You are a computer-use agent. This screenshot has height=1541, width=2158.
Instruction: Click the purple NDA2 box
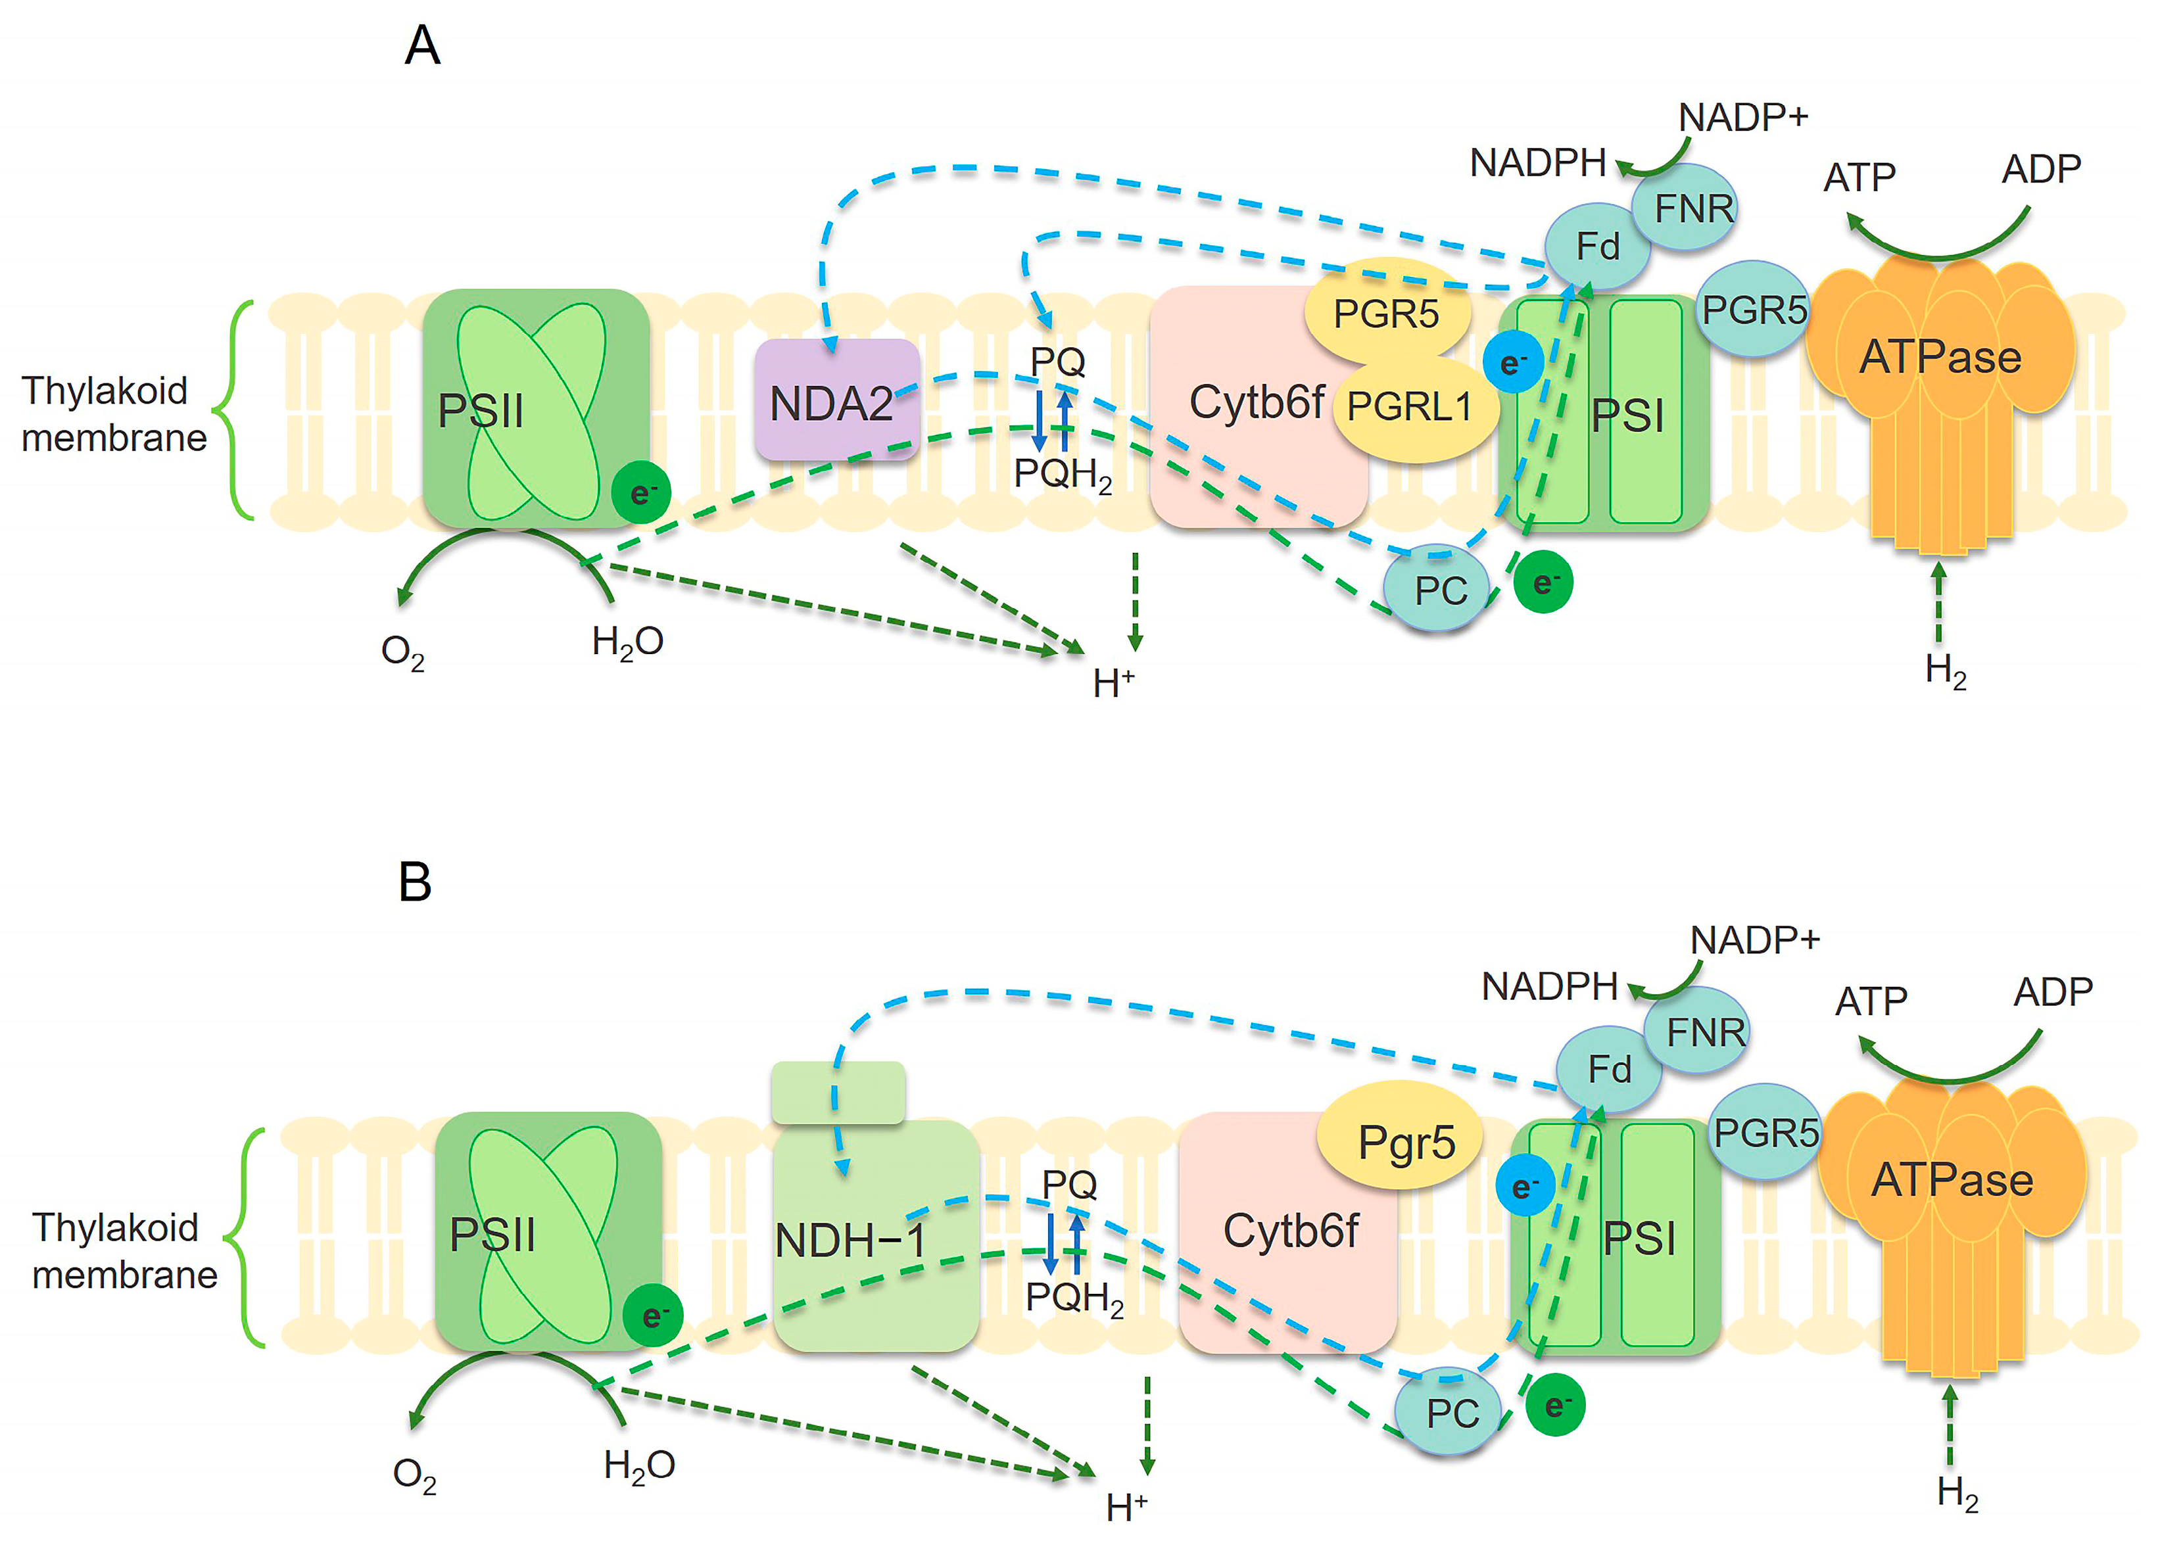tap(837, 400)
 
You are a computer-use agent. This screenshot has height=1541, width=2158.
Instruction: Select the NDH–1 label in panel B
tap(850, 1240)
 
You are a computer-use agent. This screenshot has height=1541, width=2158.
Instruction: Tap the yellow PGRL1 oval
tap(1416, 408)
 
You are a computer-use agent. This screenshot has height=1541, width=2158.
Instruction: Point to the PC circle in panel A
tap(1438, 588)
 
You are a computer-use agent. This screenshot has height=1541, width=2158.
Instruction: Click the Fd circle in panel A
tap(1597, 247)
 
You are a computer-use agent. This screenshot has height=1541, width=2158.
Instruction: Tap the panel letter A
tap(422, 45)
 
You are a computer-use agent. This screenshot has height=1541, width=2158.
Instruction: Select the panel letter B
tap(415, 882)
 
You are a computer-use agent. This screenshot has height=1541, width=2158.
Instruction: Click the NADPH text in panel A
tap(1537, 163)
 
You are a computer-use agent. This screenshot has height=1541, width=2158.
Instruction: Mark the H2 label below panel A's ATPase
tap(1946, 671)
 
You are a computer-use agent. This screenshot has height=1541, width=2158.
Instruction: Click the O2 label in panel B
tap(415, 1475)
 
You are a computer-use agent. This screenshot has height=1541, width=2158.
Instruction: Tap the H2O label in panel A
tap(627, 642)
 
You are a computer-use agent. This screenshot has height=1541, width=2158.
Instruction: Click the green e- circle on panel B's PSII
tap(653, 1315)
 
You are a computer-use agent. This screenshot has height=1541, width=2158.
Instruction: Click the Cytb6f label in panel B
tap(1291, 1231)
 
